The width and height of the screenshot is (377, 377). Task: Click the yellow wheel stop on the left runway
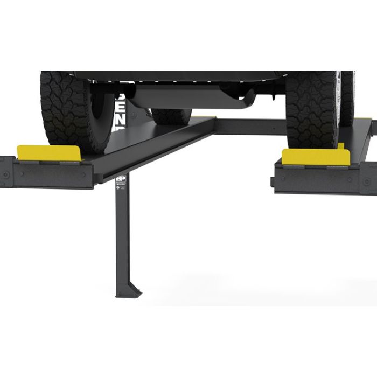[49, 153]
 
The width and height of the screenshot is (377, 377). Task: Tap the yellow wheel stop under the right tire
[316, 157]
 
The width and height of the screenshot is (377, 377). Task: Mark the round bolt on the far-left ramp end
[5, 176]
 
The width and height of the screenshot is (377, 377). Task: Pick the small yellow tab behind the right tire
[341, 145]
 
